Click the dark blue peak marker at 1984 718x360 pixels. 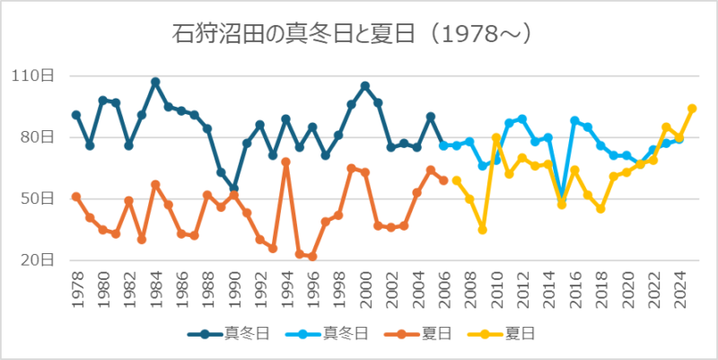coord(155,82)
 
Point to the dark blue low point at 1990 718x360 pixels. coord(234,189)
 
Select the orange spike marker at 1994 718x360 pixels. coord(286,162)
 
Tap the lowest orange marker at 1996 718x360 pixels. coord(312,257)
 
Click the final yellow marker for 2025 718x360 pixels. coord(692,109)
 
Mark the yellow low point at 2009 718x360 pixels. coord(483,230)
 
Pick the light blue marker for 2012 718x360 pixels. coord(522,119)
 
